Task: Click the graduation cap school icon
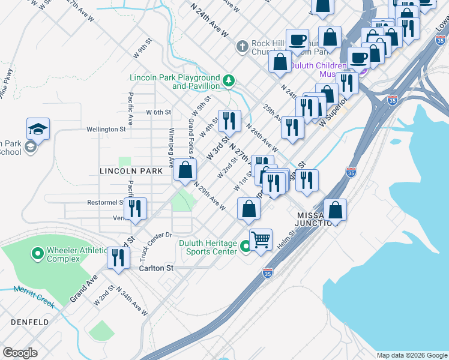point(38,129)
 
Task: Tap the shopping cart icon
point(261,239)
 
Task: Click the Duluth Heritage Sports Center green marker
point(245,247)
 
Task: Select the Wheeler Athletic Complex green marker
point(38,254)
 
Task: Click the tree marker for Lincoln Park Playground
point(228,80)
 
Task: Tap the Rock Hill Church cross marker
point(242,46)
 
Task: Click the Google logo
point(20,353)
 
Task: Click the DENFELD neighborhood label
point(29,322)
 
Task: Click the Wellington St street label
point(106,128)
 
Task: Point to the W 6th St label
point(159,112)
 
